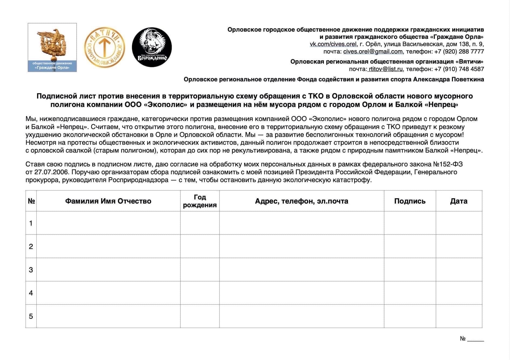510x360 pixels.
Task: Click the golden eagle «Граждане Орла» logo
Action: (52, 47)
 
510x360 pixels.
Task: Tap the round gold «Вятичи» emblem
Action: (105, 47)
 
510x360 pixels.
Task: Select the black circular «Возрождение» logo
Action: (152, 47)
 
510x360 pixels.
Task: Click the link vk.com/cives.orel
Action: (333, 44)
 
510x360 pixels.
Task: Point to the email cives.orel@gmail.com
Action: (373, 52)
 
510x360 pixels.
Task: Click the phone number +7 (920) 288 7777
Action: (459, 52)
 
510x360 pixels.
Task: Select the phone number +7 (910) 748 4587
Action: (459, 69)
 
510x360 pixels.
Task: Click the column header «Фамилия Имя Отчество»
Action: (108, 201)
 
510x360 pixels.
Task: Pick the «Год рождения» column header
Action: (200, 201)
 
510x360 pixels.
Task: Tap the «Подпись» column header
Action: (410, 201)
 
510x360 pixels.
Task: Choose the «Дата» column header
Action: (458, 201)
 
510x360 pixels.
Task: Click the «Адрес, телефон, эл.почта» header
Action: (301, 201)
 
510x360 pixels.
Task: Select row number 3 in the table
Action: (31, 270)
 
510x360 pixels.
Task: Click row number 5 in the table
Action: (31, 316)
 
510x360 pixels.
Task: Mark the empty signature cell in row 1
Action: (410, 223)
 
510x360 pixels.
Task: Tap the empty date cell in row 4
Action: (458, 293)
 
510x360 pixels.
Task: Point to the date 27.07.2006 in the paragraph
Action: (51, 172)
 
